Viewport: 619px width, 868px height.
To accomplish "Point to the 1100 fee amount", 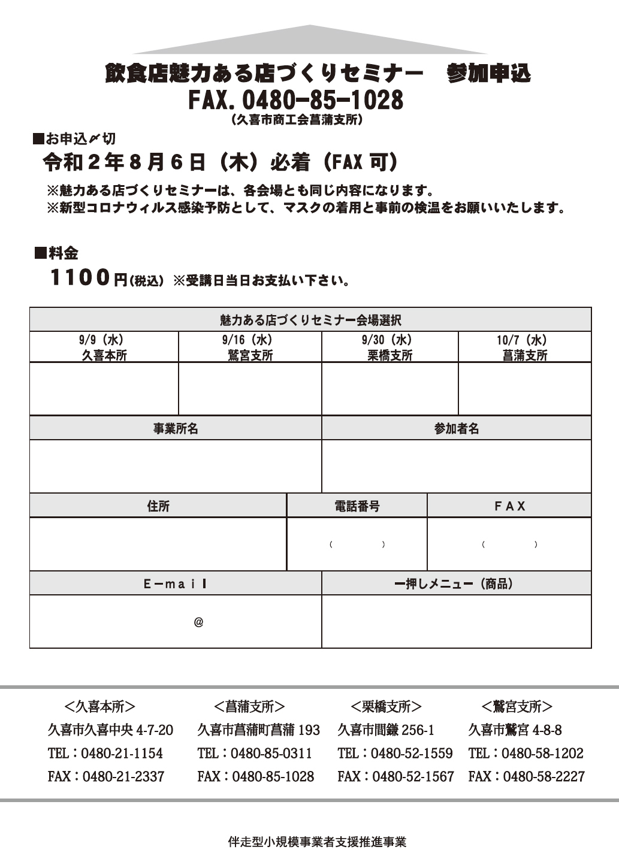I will pyautogui.click(x=80, y=278).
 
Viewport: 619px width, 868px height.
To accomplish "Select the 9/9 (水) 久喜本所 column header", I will pyautogui.click(x=104, y=347).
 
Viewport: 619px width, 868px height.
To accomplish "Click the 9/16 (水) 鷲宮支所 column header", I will pyautogui.click(x=250, y=347).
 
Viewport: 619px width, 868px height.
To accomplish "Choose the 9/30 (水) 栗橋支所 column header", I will pyautogui.click(x=389, y=347).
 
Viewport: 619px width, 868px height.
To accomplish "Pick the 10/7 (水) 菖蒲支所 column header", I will pyautogui.click(x=524, y=347).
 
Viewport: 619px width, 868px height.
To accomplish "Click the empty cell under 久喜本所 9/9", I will pyautogui.click(x=104, y=389).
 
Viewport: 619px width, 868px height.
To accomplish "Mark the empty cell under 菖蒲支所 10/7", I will pyautogui.click(x=524, y=389).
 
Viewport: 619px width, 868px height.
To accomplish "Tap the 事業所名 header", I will pyautogui.click(x=176, y=429).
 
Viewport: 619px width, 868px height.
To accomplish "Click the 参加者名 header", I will pyautogui.click(x=457, y=429).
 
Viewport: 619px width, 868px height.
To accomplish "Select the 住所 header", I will pyautogui.click(x=158, y=506).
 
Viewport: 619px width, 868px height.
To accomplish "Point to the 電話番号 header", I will pyautogui.click(x=357, y=506).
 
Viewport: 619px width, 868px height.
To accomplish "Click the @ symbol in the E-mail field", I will pyautogui.click(x=198, y=622).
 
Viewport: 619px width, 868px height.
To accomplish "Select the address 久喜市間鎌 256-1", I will pyautogui.click(x=386, y=730).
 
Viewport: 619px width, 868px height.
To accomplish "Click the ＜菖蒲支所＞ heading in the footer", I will pyautogui.click(x=249, y=707).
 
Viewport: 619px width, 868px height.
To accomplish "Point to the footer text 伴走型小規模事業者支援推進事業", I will pyautogui.click(x=317, y=842).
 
